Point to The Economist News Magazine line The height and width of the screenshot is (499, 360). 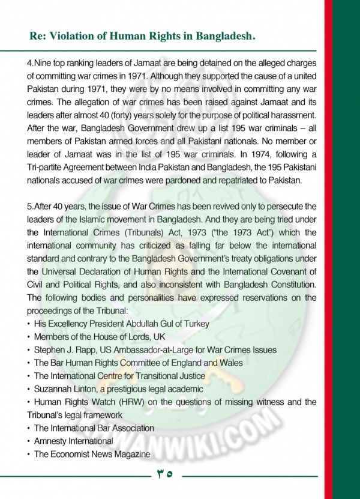(x=91, y=455)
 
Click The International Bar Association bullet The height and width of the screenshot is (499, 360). (x=94, y=428)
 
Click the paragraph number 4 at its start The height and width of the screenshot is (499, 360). (x=29, y=62)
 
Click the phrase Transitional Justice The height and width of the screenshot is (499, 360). (x=172, y=376)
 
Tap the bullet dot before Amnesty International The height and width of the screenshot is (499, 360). (x=29, y=441)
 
